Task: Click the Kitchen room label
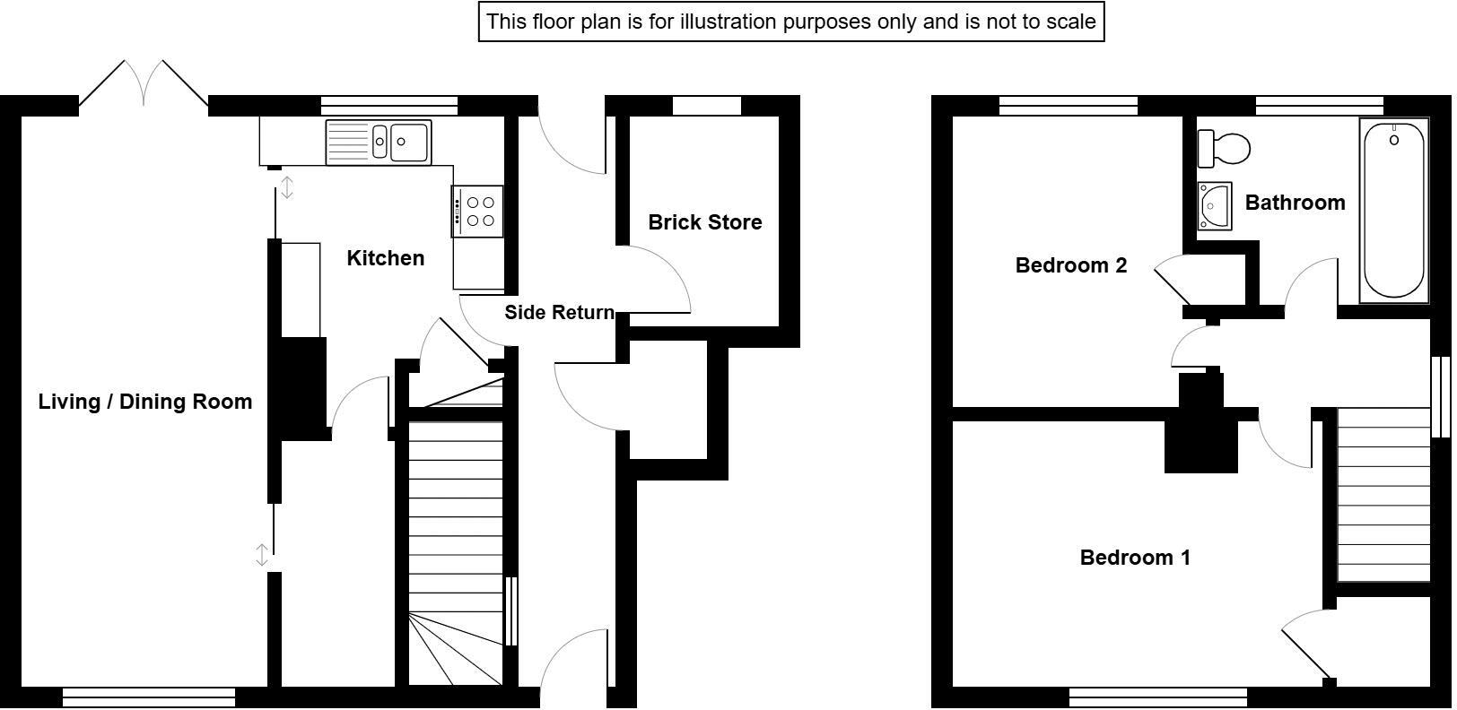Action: click(385, 258)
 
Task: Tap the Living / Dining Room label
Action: click(144, 402)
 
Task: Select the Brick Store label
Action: click(704, 222)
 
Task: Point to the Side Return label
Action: click(559, 312)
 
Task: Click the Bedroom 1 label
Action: click(1134, 558)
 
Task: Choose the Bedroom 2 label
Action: click(1070, 265)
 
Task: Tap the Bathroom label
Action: click(1294, 203)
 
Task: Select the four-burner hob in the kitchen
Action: click(477, 212)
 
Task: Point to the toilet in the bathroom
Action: click(1225, 149)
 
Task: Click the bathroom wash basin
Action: click(1214, 206)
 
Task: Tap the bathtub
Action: click(1393, 212)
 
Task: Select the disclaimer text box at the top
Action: click(790, 22)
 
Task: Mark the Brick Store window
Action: click(706, 106)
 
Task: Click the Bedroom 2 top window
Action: click(1068, 106)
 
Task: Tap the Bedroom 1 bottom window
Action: click(1157, 696)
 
